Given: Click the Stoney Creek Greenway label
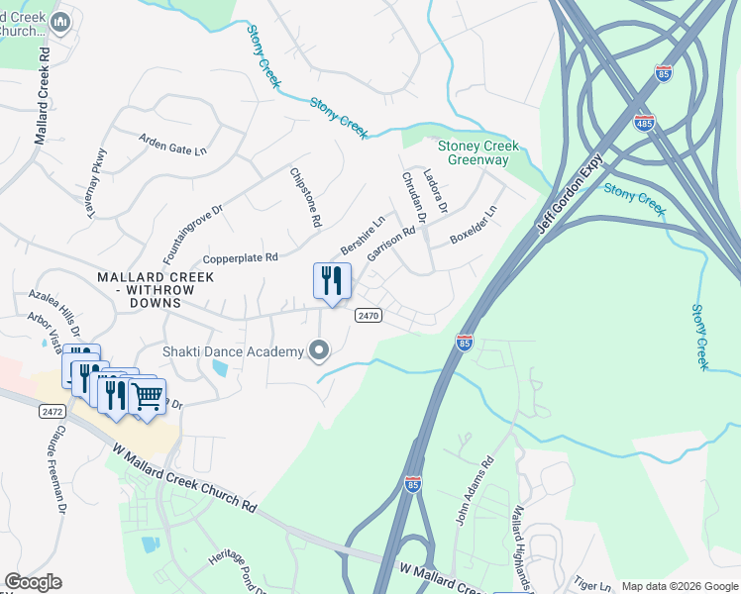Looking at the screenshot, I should tap(478, 152).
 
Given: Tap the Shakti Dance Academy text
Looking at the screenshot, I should tap(233, 352).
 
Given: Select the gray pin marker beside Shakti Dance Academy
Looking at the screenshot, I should tap(318, 350).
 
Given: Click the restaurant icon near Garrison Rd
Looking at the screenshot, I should tap(332, 280).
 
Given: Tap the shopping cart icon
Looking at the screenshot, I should tap(147, 397).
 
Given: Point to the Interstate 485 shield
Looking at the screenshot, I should tap(643, 123).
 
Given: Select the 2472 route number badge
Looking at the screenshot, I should tap(53, 409).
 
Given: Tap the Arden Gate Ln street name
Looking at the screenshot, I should tap(172, 145).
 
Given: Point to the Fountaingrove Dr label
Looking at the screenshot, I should tap(192, 224).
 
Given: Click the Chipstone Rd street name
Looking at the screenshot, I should tap(304, 198).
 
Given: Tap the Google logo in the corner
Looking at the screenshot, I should tap(33, 582).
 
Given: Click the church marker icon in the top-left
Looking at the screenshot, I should tap(59, 22).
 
